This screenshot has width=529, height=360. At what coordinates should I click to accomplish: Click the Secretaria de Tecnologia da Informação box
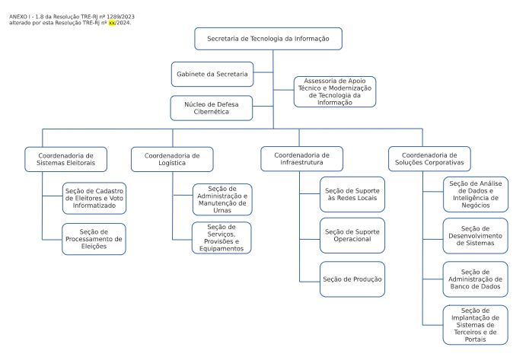click(x=268, y=39)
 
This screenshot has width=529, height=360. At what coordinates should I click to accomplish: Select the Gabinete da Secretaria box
click(x=212, y=75)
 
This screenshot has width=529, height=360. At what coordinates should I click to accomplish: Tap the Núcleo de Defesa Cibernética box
click(x=212, y=108)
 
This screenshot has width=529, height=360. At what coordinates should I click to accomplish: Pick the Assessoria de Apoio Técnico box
click(x=335, y=92)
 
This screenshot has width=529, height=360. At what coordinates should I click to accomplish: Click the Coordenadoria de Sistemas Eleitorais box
click(x=65, y=159)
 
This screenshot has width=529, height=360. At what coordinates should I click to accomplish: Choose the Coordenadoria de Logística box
click(x=172, y=159)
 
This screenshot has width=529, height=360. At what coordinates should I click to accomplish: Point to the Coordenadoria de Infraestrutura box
click(x=302, y=159)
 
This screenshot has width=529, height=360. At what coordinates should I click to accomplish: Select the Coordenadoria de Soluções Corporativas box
click(x=429, y=159)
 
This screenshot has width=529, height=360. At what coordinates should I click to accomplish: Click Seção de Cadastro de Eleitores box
click(x=94, y=199)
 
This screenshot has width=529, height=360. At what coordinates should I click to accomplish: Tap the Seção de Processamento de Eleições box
click(x=94, y=239)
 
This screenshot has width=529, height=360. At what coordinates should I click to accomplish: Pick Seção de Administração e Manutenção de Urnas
click(x=222, y=199)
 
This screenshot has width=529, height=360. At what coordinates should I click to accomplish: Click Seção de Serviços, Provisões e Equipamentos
click(x=221, y=238)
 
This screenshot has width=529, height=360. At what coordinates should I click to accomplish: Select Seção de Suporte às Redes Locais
click(x=352, y=194)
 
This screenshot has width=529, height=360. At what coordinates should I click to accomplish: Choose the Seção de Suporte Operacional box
click(x=352, y=235)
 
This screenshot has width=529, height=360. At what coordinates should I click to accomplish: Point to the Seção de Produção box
click(x=352, y=279)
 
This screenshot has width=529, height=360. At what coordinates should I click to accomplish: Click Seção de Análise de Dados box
click(x=476, y=194)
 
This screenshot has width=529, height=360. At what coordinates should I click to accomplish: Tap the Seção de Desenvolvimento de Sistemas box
click(x=476, y=236)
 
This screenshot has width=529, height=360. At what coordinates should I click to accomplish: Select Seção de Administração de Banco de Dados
click(x=476, y=279)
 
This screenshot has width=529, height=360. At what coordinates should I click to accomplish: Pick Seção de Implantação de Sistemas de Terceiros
click(x=476, y=325)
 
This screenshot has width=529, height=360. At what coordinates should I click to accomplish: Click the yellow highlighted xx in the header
click(x=112, y=23)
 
